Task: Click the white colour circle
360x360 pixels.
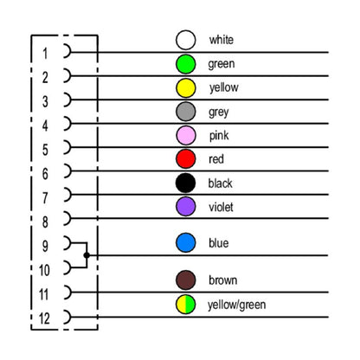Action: click(x=186, y=40)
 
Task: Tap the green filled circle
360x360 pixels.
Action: click(x=186, y=64)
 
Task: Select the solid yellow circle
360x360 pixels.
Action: click(x=186, y=88)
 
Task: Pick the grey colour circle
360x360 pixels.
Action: click(x=186, y=112)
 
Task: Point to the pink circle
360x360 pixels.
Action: click(x=186, y=135)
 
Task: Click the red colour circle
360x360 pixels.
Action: click(x=186, y=159)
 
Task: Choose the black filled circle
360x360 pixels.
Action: click(x=186, y=183)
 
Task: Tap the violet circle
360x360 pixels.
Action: click(x=186, y=207)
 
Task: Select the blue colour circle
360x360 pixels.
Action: click(x=186, y=242)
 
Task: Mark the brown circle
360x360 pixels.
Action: click(x=186, y=280)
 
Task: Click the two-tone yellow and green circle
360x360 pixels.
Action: click(x=186, y=305)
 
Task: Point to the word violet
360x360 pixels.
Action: click(x=221, y=207)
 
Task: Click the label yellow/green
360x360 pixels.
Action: click(x=236, y=305)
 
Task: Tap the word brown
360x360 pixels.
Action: click(x=222, y=280)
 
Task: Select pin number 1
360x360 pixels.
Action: click(x=45, y=54)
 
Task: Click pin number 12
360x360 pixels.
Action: click(x=44, y=318)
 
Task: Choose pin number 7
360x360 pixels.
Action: click(x=45, y=198)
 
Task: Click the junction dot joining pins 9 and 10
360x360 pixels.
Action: click(x=87, y=255)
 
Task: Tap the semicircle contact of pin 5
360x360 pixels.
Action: click(x=70, y=147)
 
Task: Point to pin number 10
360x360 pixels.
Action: click(x=44, y=270)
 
